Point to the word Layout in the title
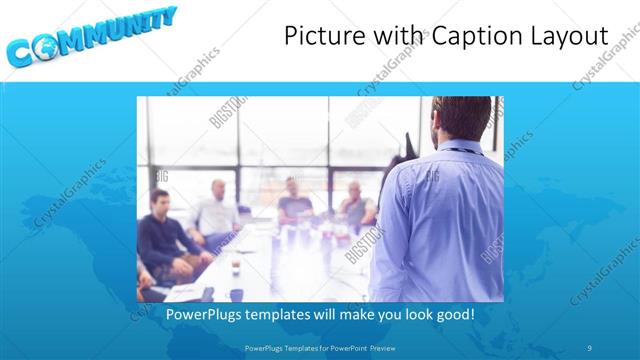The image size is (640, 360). tap(563, 37)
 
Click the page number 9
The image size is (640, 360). tap(590, 347)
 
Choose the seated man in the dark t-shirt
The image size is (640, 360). tap(295, 205)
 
